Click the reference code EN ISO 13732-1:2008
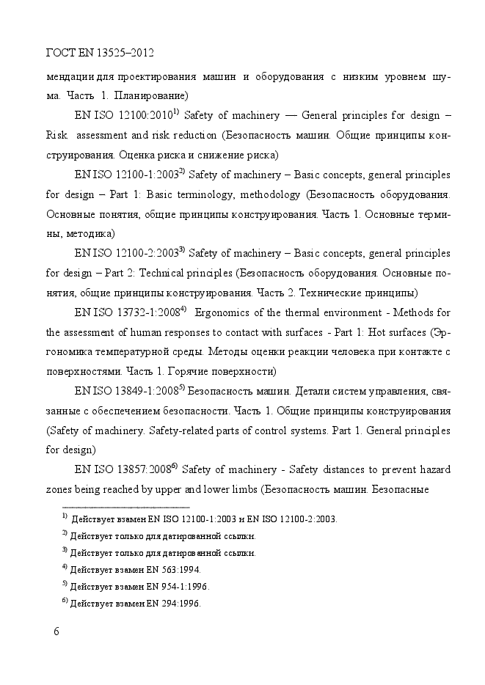pos(127,311)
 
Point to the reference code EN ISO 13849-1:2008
pos(127,390)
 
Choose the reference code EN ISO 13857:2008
pos(123,469)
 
